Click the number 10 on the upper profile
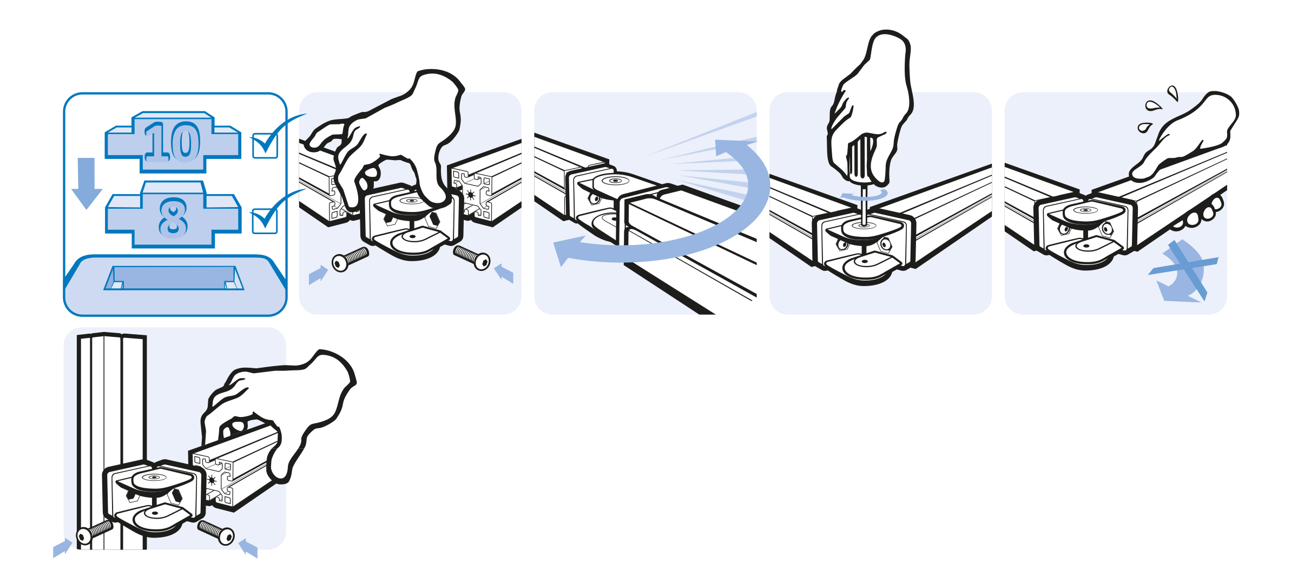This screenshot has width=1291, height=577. pos(173,141)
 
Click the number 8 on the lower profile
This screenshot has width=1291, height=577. pos(173,217)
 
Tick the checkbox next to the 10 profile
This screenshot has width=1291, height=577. pos(265,145)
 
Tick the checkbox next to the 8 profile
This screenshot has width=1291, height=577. pos(265,221)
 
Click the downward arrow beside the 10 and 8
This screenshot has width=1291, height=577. pos(87,183)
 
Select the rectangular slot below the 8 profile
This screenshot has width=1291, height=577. pos(174,277)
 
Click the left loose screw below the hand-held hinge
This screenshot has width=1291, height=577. pos(350,259)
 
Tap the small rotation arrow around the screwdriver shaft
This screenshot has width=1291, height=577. pos(865,195)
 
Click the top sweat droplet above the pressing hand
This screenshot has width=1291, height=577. pos(1173,92)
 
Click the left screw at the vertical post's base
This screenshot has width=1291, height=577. pos(95,530)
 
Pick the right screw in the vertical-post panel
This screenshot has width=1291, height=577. pos(216,532)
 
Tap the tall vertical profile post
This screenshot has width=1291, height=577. pos(112,441)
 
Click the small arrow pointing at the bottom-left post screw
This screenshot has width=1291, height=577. pos(62,548)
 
